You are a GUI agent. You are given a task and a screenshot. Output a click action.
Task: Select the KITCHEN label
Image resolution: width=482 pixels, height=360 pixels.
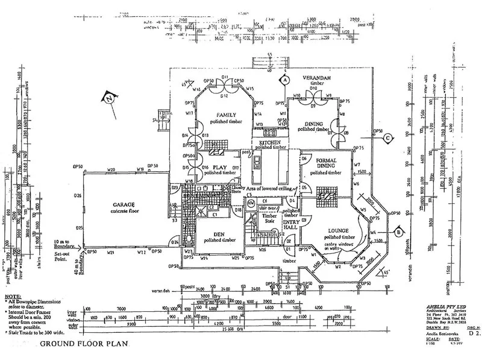270,143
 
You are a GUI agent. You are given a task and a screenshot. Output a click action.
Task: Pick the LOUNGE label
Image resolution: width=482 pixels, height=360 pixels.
340,230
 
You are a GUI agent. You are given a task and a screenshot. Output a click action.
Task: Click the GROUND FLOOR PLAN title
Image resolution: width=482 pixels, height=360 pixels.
76,345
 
